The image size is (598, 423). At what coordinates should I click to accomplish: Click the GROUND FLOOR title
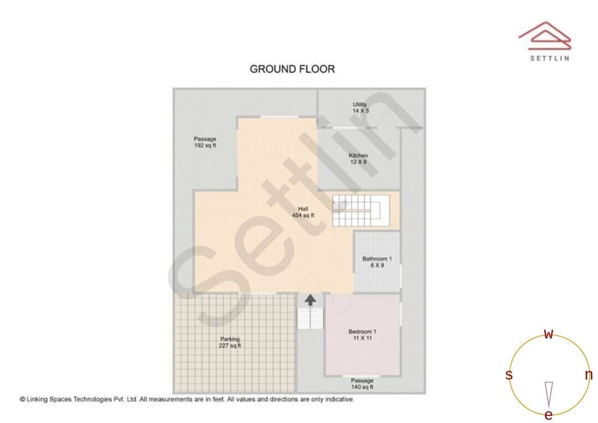pyautogui.click(x=292, y=69)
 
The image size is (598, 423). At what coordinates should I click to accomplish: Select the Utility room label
pyautogui.click(x=360, y=107)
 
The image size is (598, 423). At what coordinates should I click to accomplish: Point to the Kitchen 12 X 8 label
pyautogui.click(x=358, y=159)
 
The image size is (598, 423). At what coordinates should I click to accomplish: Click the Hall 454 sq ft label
pyautogui.click(x=303, y=212)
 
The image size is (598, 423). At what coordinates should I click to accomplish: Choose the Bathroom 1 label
pyautogui.click(x=377, y=262)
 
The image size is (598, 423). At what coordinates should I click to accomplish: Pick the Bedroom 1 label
pyautogui.click(x=362, y=334)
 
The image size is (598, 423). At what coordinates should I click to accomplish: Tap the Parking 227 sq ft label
pyautogui.click(x=230, y=342)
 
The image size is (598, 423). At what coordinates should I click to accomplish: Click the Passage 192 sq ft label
pyautogui.click(x=205, y=142)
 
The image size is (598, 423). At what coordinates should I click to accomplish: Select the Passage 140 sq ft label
pyautogui.click(x=362, y=384)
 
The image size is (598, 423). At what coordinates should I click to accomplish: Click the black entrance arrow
pyautogui.click(x=311, y=300)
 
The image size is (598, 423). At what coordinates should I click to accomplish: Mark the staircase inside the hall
pyautogui.click(x=357, y=210)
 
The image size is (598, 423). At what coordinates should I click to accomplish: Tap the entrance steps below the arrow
pyautogui.click(x=310, y=318)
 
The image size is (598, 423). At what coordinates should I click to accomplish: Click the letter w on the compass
pyautogui.click(x=549, y=334)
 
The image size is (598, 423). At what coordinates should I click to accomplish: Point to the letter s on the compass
pyautogui.click(x=509, y=375)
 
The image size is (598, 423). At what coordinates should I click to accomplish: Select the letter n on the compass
pyautogui.click(x=589, y=375)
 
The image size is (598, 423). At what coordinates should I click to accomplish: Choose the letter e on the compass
pyautogui.click(x=549, y=415)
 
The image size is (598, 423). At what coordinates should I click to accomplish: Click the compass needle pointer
pyautogui.click(x=549, y=394)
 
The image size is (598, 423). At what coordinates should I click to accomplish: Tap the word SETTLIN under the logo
pyautogui.click(x=549, y=58)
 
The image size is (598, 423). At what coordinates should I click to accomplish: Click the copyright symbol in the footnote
pyautogui.click(x=23, y=399)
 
